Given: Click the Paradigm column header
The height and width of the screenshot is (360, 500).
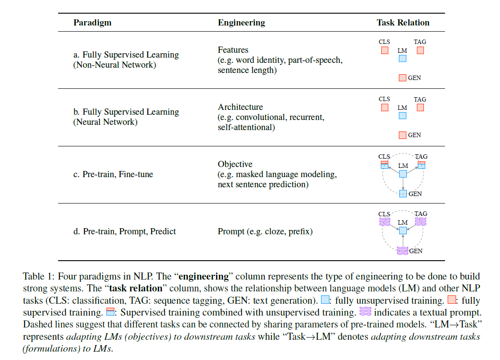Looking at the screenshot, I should pyautogui.click(x=92, y=22).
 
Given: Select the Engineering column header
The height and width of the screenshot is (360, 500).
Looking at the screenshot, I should pyautogui.click(x=241, y=22).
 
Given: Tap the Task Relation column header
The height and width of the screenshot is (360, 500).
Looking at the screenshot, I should pyautogui.click(x=403, y=22).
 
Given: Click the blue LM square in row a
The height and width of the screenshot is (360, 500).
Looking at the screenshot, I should pyautogui.click(x=402, y=58).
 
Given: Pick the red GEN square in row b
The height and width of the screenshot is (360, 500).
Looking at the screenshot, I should pyautogui.click(x=402, y=135).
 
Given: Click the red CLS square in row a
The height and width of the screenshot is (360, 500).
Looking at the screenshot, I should pyautogui.click(x=384, y=51).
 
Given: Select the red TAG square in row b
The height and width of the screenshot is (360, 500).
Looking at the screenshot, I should pyautogui.click(x=420, y=108).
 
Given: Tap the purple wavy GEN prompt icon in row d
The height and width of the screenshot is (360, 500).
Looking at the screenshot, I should pyautogui.click(x=402, y=251).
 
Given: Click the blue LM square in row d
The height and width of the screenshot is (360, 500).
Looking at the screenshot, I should pyautogui.click(x=402, y=231).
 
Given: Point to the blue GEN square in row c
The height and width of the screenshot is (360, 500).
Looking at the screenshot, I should pyautogui.click(x=402, y=193).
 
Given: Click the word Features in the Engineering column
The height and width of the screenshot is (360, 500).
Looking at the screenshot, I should pyautogui.click(x=233, y=50).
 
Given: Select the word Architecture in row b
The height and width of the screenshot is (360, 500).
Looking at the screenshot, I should pyautogui.click(x=240, y=107).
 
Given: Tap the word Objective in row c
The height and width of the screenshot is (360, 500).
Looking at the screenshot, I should pyautogui.click(x=235, y=164).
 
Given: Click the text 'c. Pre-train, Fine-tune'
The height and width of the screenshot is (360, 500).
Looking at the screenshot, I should pyautogui.click(x=113, y=175).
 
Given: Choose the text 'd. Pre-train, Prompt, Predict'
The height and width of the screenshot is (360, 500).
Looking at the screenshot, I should pyautogui.click(x=124, y=232).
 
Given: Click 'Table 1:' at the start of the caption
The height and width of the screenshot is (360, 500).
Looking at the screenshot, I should pyautogui.click(x=39, y=277).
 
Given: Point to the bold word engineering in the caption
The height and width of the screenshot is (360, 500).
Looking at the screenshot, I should pyautogui.click(x=204, y=277).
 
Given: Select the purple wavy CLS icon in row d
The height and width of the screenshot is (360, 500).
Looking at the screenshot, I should pyautogui.click(x=384, y=222).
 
